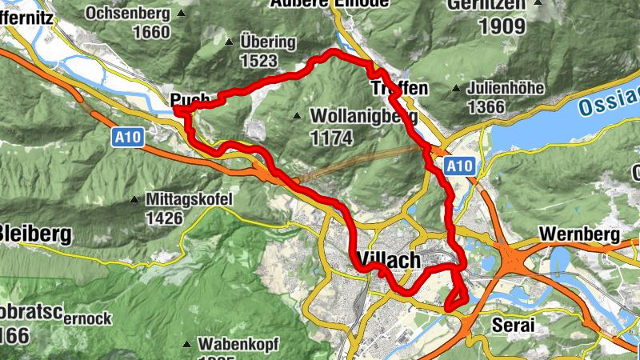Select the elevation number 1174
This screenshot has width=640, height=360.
[331, 138]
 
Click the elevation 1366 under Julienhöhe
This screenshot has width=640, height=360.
[487, 107]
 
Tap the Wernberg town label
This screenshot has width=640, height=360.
[580, 234]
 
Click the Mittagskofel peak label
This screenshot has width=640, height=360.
[189, 198]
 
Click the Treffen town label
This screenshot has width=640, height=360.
[399, 87]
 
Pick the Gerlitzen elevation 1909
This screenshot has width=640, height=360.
[502, 26]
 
